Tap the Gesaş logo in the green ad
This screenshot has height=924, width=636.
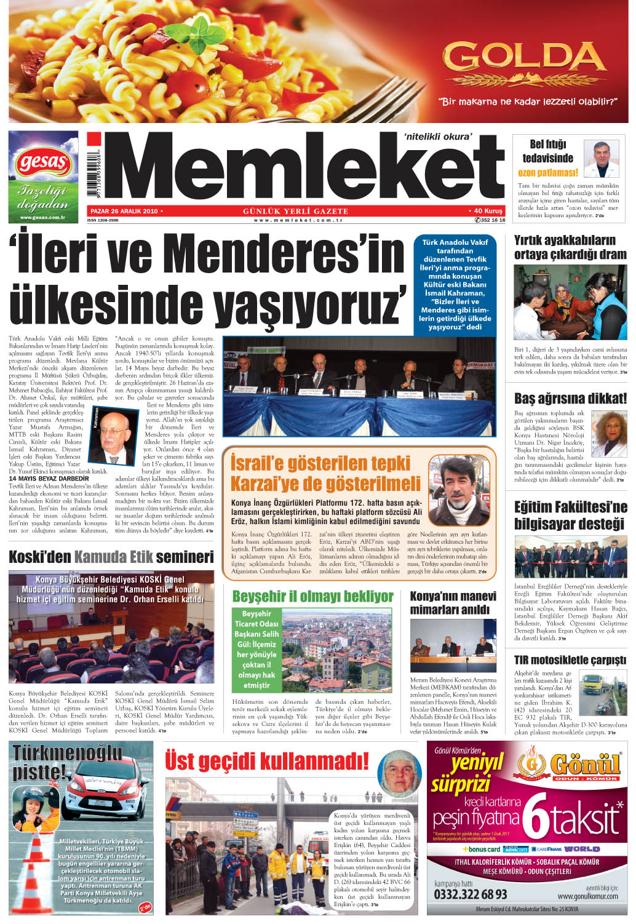pyautogui.click(x=43, y=163)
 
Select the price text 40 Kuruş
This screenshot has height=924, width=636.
pyautogui.click(x=487, y=211)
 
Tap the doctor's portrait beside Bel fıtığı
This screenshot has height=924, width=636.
pyautogui.click(x=601, y=159)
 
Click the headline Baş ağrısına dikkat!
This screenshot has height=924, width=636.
pyautogui.click(x=570, y=398)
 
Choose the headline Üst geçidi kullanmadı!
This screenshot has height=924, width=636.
pyautogui.click(x=266, y=761)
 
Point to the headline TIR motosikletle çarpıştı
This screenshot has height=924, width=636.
pyautogui.click(x=570, y=660)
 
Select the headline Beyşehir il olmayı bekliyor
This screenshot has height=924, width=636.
pyautogui.click(x=312, y=596)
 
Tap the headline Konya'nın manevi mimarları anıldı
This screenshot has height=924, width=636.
pyautogui.click(x=453, y=603)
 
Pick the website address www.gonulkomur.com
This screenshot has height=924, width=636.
pyautogui.click(x=587, y=896)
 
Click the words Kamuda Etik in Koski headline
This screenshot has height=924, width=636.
pyautogui.click(x=113, y=557)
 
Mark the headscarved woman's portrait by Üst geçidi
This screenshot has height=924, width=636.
pyautogui.click(x=398, y=774)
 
